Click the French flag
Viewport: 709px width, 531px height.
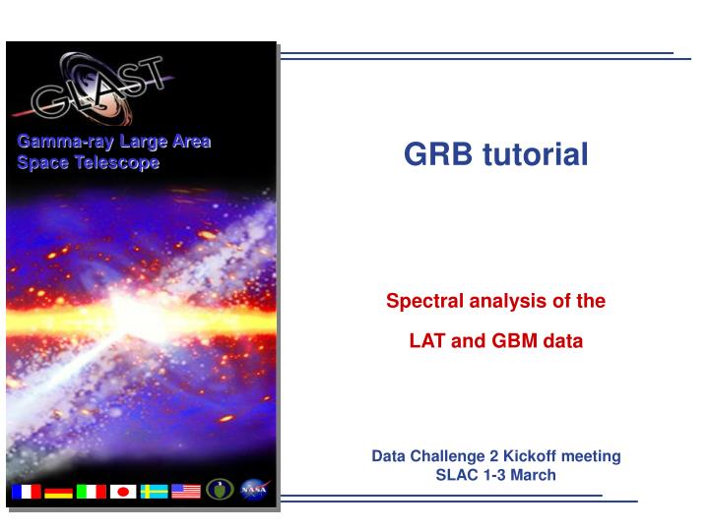tap(26, 491)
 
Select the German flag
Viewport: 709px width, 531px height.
tap(58, 491)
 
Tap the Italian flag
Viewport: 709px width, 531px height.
tap(91, 491)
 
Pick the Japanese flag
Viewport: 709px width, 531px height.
tap(123, 491)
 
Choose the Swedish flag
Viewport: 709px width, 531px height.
tap(154, 491)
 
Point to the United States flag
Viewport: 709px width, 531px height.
tap(186, 491)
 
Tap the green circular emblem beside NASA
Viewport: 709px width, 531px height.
tap(220, 490)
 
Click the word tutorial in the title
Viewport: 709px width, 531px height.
tap(535, 153)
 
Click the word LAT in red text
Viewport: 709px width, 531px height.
tap(426, 342)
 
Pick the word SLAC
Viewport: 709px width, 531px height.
tap(455, 475)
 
